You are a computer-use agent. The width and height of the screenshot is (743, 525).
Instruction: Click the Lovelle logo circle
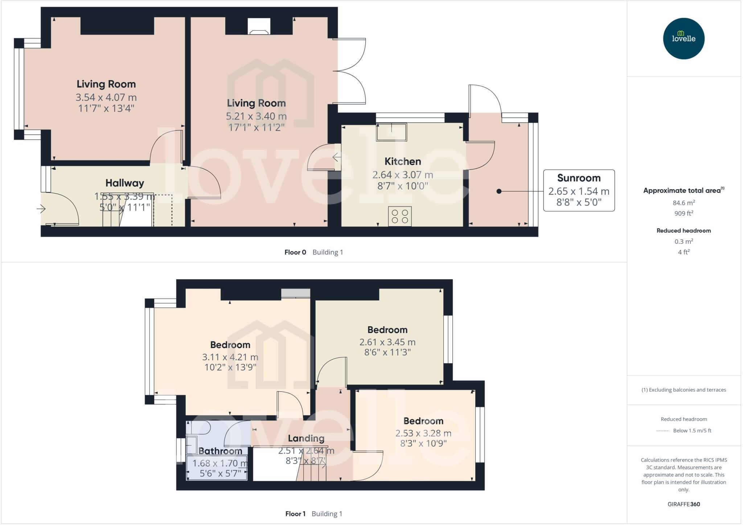click(684, 38)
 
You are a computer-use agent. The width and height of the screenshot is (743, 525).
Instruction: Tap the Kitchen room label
click(403, 161)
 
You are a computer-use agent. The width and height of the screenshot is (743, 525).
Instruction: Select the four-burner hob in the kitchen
click(400, 216)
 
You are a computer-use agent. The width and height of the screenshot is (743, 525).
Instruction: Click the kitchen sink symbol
click(391, 132)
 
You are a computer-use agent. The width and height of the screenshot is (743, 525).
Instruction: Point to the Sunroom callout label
click(579, 178)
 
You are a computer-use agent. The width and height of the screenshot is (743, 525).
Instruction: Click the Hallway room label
click(125, 183)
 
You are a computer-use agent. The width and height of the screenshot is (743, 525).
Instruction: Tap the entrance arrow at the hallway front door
click(41, 209)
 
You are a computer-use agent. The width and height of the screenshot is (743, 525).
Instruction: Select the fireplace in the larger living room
click(259, 26)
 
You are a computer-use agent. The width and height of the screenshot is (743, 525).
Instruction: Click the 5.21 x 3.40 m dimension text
click(256, 116)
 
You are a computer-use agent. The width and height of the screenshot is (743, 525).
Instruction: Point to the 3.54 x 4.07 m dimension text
click(106, 97)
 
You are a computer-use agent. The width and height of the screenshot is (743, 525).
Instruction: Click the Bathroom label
click(220, 451)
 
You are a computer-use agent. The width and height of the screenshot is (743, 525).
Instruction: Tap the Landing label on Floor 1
click(306, 438)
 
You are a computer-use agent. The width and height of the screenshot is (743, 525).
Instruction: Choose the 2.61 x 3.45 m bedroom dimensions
click(387, 342)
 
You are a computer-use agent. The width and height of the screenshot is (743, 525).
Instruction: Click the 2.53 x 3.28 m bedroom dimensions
click(423, 433)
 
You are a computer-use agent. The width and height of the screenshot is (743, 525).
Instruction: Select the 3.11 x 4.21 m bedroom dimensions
click(230, 357)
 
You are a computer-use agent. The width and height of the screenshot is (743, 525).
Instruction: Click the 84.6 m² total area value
click(684, 203)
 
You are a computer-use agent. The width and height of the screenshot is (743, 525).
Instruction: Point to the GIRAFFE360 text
click(684, 504)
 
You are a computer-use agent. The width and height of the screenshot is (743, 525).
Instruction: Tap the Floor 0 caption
click(295, 252)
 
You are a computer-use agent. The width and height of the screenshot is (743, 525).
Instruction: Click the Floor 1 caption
click(295, 514)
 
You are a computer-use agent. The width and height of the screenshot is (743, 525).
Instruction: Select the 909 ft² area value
click(684, 213)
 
